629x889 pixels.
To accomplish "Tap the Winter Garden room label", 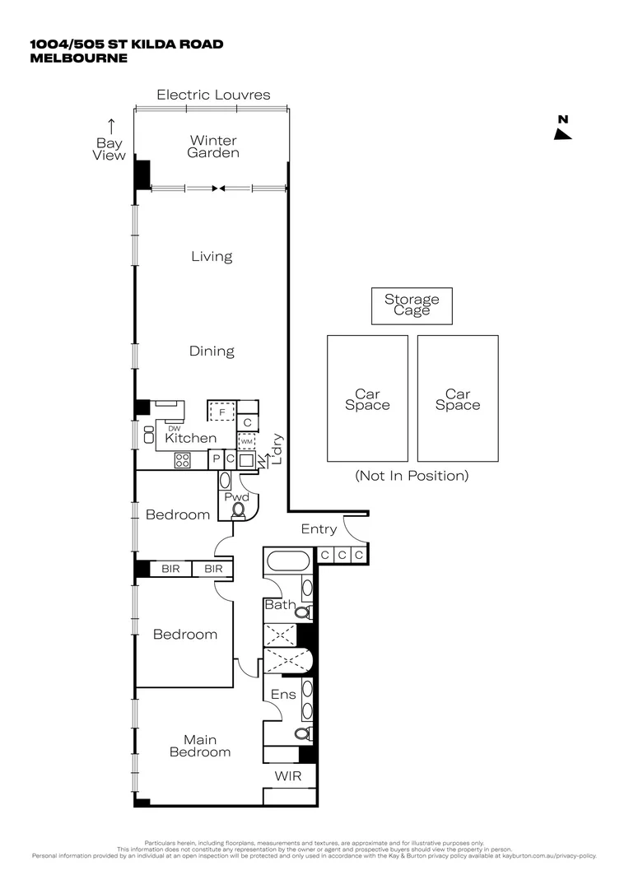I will (213, 147).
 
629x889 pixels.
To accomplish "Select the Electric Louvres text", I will (213, 95).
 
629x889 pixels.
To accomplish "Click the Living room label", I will (212, 257).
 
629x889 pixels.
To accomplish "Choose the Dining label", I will (212, 351).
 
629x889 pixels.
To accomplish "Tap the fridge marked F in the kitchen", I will (221, 410).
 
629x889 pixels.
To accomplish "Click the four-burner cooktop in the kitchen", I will (183, 460).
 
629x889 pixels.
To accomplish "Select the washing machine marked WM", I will (246, 441).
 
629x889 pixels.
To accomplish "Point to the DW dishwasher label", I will (174, 428).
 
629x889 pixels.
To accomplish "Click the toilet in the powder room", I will (239, 510).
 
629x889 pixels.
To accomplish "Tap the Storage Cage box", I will (412, 305).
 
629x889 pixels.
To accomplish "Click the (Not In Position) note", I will (412, 476).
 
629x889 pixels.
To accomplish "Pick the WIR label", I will (288, 776).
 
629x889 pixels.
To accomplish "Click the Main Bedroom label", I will (200, 746).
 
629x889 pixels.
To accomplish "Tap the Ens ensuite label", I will (283, 695).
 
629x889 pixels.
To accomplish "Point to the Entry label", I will (319, 529).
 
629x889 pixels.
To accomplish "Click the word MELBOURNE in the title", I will (78, 58).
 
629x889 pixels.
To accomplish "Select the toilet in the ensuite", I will (302, 732).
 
